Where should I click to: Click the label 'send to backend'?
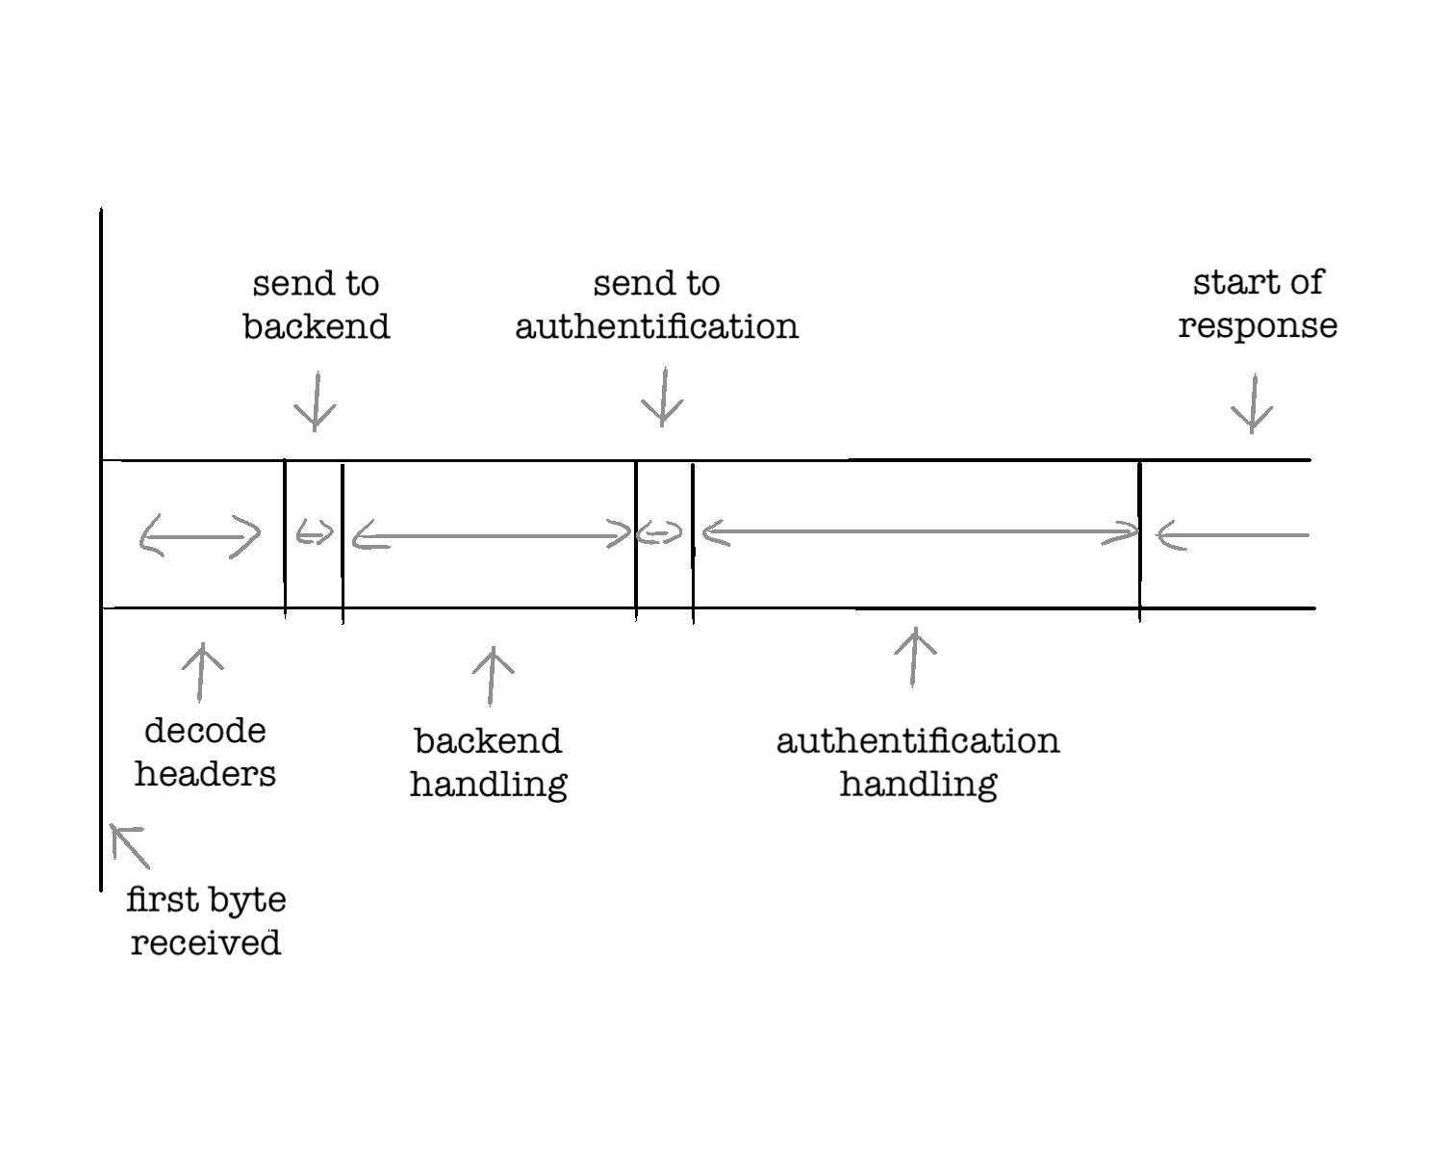pos(316,305)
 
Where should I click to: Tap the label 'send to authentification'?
pos(657,305)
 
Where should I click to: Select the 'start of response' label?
pos(1258,304)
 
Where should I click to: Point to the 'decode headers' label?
pos(205,752)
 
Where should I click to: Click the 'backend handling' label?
pos(488,762)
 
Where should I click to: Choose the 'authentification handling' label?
pos(918,762)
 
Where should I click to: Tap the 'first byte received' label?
pos(206,920)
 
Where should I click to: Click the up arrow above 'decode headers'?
pos(202,672)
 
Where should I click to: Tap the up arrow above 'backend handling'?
pos(493,676)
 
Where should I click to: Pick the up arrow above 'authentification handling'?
pos(915,657)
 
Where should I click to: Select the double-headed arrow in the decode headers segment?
pos(200,535)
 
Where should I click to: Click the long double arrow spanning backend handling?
pos(491,536)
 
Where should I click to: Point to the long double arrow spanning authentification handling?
pos(921,531)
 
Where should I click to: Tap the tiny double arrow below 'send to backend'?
pos(315,532)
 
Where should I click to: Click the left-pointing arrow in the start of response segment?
pos(1233,535)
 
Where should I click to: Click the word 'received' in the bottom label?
pos(206,942)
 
